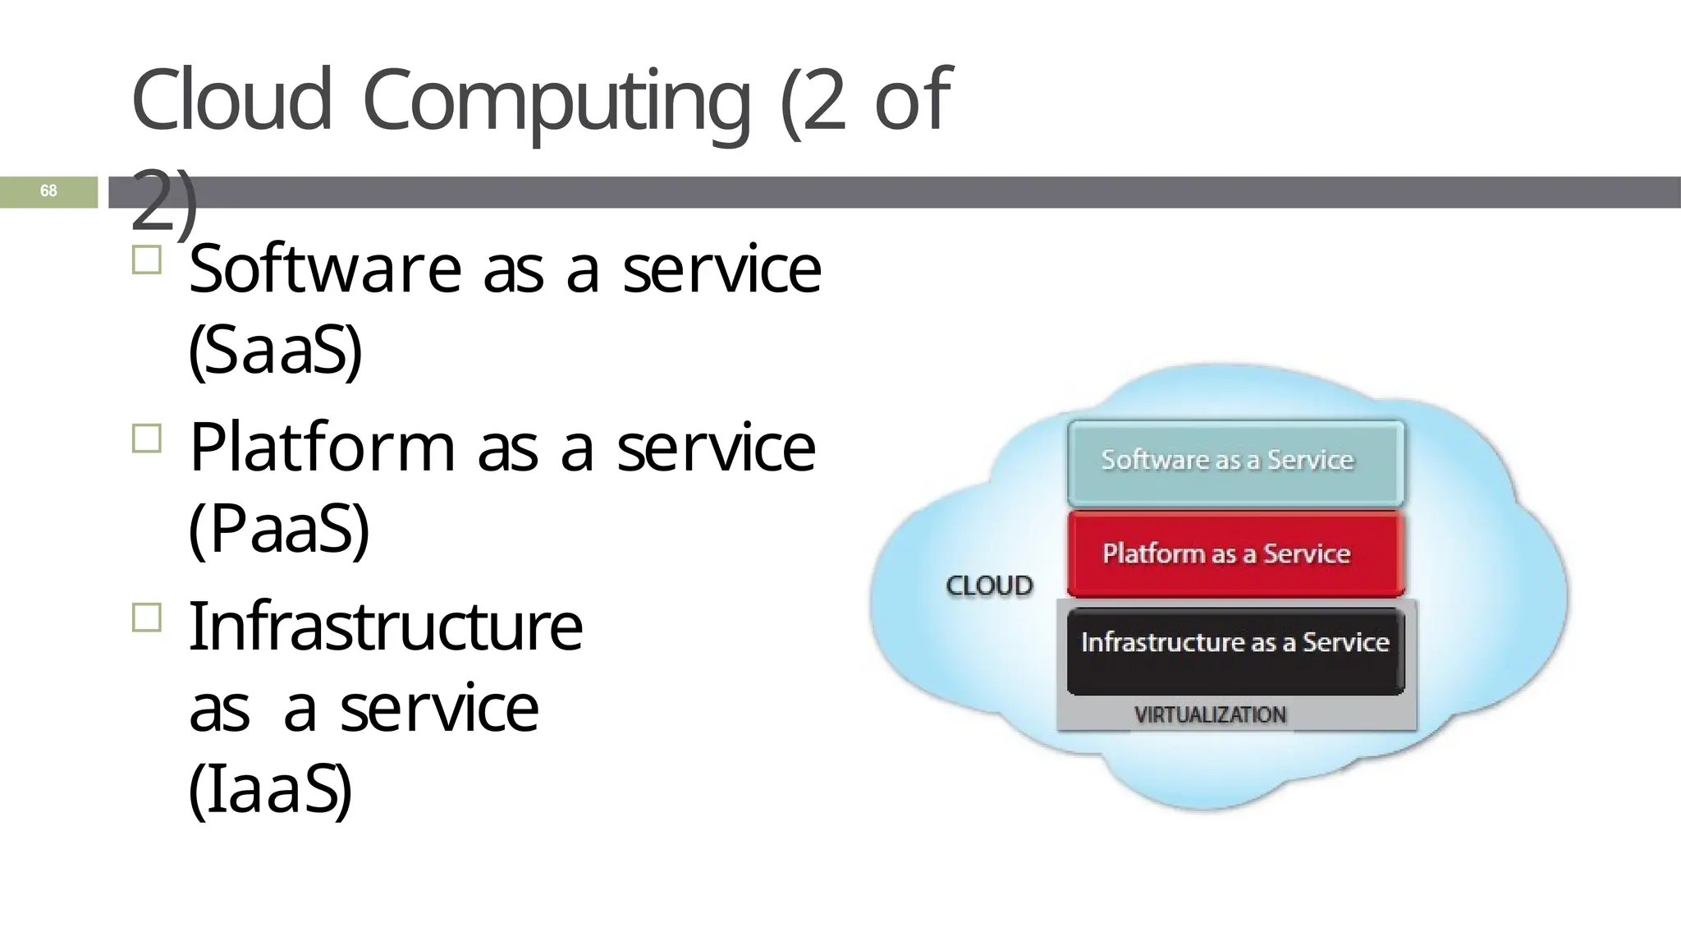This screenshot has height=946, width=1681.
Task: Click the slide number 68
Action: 48,191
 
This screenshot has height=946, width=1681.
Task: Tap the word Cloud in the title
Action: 231,100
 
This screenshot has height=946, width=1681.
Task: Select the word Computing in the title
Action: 556,102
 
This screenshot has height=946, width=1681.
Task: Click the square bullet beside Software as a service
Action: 146,260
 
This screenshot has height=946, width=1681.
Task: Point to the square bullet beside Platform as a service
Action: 146,439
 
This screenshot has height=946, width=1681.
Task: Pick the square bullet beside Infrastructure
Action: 146,617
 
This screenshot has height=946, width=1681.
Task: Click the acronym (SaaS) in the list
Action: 275,350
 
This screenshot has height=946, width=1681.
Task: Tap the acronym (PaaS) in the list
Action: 279,529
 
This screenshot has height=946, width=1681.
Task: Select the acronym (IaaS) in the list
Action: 270,789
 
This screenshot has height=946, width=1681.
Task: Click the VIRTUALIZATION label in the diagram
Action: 1210,714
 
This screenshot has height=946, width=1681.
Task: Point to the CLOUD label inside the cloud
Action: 989,586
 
